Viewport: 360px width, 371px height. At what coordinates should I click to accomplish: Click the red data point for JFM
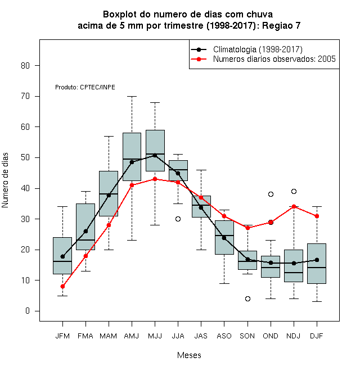point(62,287)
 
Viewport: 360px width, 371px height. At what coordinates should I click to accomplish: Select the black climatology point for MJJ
point(155,156)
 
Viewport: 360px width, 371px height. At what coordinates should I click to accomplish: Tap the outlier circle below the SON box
point(247,299)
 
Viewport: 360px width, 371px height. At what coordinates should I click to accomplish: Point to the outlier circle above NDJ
point(294,192)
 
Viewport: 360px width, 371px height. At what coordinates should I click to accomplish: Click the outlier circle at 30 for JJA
point(178,219)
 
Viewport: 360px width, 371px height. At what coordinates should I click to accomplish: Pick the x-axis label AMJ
point(132,336)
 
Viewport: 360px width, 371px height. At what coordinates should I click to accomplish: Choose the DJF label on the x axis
point(317,336)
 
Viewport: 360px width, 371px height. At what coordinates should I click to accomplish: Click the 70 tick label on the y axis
point(25,96)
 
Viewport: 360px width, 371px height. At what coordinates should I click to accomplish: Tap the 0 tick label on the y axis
point(28,311)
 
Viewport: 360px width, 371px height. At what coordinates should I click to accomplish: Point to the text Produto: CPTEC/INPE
point(85,87)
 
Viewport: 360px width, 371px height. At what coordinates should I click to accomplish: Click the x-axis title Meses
point(189,355)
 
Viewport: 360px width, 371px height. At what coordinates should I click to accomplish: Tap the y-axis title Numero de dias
point(5,180)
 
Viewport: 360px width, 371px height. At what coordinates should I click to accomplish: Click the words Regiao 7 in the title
point(281,25)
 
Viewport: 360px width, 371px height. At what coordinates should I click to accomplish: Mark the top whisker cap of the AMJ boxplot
point(132,97)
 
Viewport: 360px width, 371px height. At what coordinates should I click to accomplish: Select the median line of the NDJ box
point(294,273)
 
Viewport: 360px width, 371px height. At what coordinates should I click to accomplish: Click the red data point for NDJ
point(294,206)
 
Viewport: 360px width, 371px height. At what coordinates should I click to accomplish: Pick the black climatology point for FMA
point(85,231)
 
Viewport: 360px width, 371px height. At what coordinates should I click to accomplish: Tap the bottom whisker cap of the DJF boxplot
point(317,302)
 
